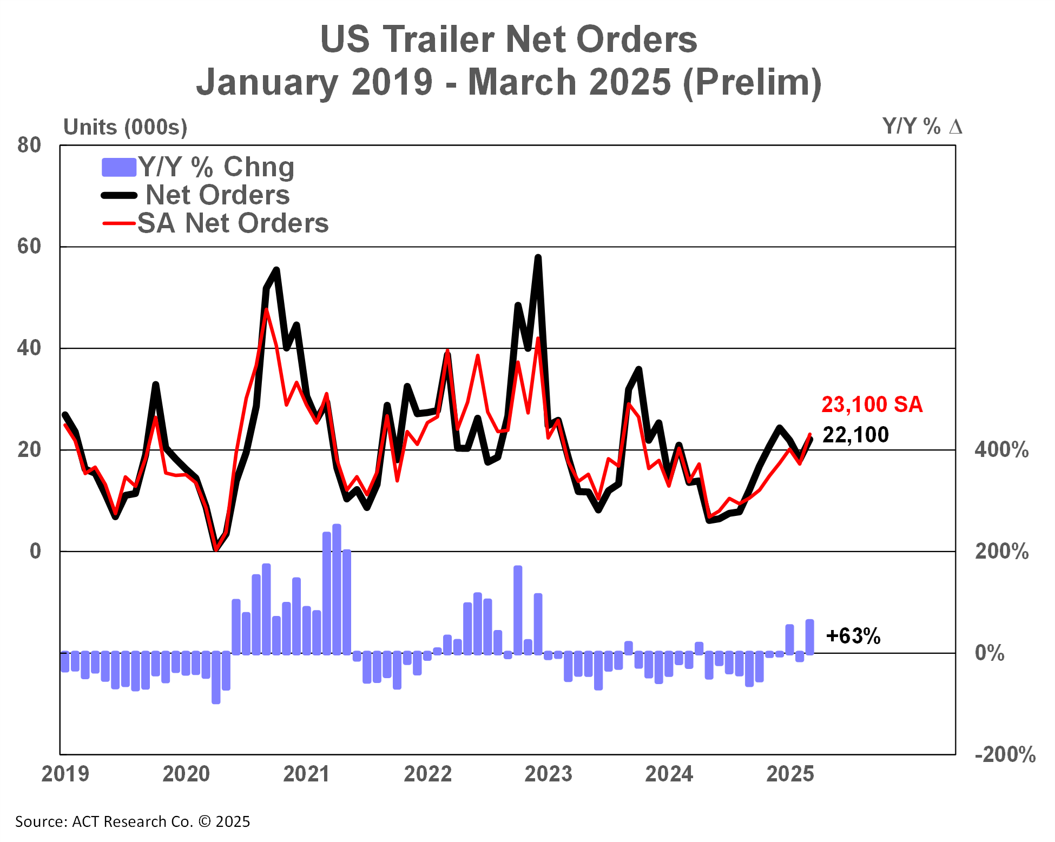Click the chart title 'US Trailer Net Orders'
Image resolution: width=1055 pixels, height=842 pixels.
click(509, 39)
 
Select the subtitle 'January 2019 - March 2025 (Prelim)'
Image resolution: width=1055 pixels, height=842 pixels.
click(509, 82)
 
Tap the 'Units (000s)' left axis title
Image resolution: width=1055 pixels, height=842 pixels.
click(125, 128)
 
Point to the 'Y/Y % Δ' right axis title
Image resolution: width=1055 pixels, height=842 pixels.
click(922, 127)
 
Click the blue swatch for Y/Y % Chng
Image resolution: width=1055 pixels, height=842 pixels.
click(118, 167)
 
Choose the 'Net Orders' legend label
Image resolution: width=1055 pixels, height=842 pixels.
click(217, 195)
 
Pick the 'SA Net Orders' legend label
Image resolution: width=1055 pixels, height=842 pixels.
click(233, 223)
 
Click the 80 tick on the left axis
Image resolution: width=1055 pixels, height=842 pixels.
click(29, 145)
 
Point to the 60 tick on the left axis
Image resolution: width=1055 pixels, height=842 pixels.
click(29, 247)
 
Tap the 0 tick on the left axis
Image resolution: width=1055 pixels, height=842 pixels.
click(35, 551)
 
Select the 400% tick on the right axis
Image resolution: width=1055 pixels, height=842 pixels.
click(1001, 450)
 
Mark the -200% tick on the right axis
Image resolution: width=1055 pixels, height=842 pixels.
click(1005, 754)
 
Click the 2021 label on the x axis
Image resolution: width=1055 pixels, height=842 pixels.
click(306, 774)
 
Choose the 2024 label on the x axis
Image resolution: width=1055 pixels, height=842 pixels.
click(669, 774)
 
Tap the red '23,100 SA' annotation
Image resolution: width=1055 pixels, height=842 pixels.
click(872, 405)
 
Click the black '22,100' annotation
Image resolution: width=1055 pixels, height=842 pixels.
click(855, 435)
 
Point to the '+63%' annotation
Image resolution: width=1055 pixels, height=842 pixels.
click(853, 636)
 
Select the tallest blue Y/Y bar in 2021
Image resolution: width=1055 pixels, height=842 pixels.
click(337, 589)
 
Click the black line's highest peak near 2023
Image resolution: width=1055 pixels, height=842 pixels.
click(538, 257)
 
